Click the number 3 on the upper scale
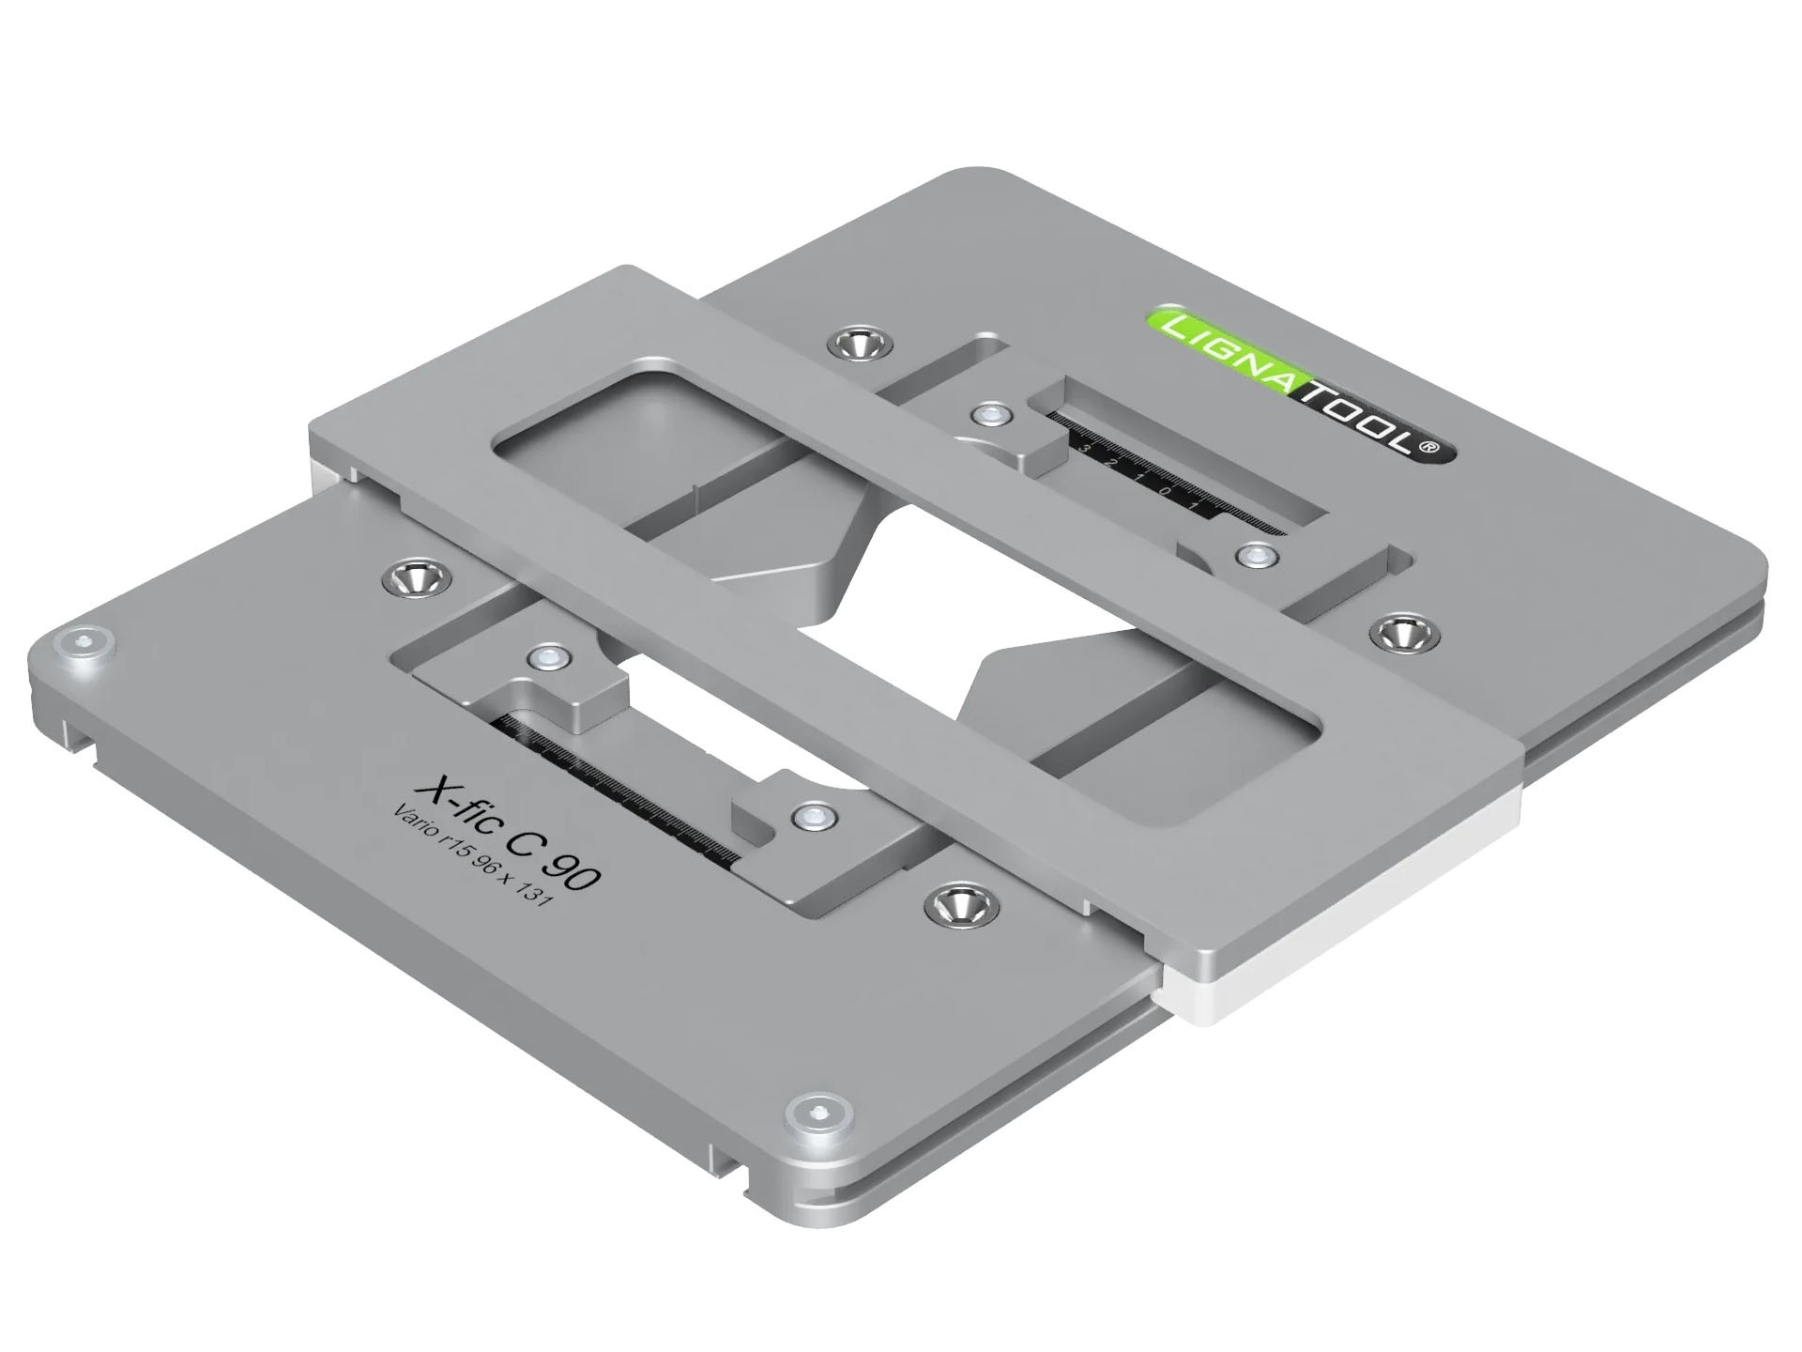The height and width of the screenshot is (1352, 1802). click(1085, 450)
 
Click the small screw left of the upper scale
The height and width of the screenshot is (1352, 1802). click(990, 412)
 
